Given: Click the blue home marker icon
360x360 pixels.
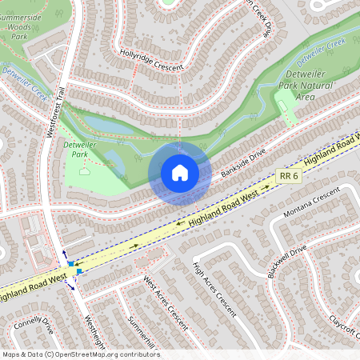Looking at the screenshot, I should (180, 172).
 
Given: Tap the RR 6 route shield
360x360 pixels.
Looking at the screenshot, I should (290, 175).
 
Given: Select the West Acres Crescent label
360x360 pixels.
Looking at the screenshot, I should (165, 303).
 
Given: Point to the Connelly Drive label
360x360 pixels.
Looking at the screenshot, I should (33, 326).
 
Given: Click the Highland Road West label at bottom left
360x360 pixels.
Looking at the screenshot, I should (32, 286).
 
